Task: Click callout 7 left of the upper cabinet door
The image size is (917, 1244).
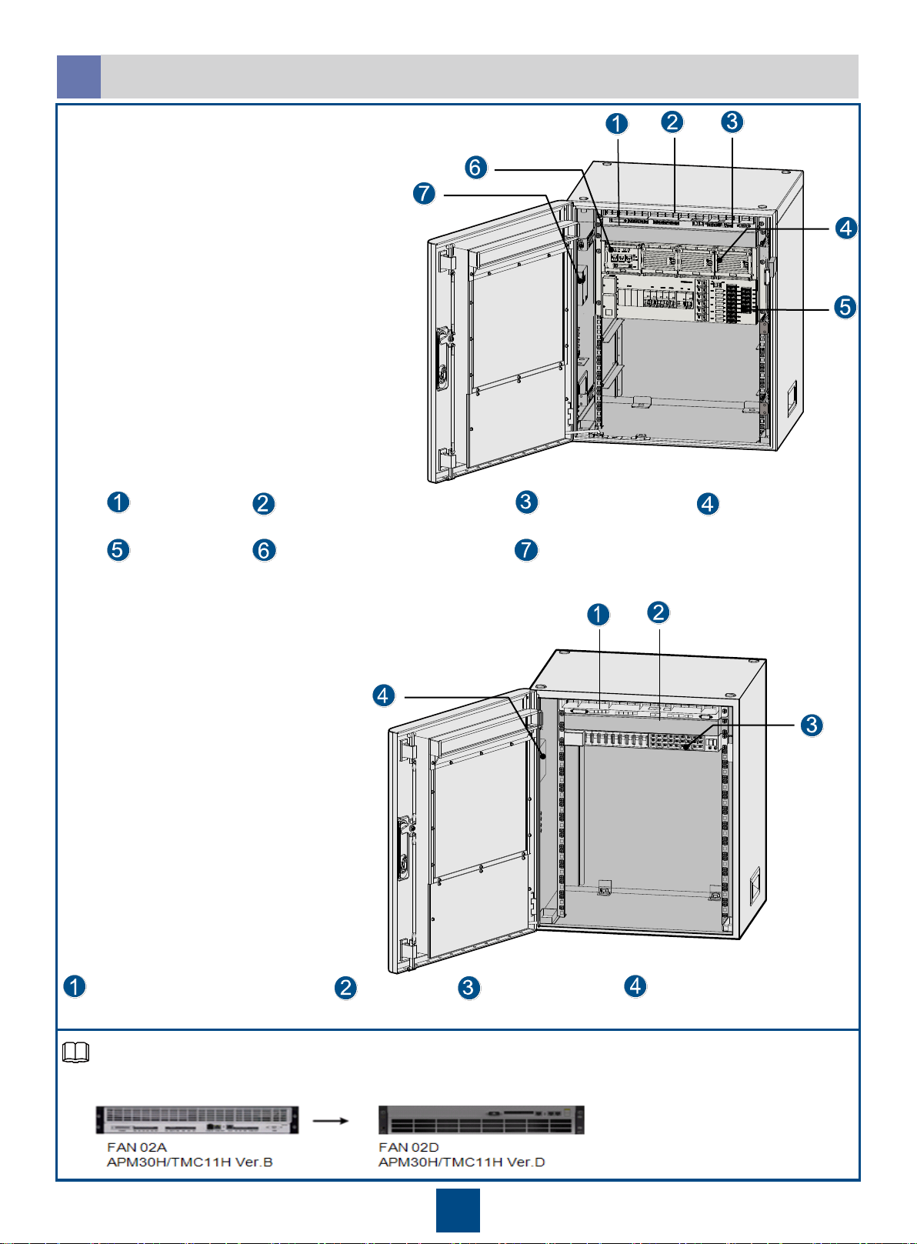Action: (x=425, y=193)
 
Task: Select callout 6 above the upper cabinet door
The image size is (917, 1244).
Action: (x=476, y=167)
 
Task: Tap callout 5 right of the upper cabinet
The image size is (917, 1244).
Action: (x=845, y=306)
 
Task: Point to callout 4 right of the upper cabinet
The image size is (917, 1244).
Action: (x=846, y=228)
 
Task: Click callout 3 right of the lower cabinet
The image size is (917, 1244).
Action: (x=812, y=725)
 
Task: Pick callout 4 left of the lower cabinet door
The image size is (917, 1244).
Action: (x=384, y=695)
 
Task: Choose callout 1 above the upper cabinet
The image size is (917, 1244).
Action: (x=616, y=123)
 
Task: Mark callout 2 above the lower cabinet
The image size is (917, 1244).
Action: (x=659, y=612)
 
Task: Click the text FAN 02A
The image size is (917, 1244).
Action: (x=137, y=1147)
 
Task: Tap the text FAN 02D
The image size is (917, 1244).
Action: (x=408, y=1147)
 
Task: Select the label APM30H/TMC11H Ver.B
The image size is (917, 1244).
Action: (x=189, y=1162)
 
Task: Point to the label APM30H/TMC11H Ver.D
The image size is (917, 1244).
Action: (x=462, y=1162)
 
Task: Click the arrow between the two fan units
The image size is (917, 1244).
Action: (x=331, y=1121)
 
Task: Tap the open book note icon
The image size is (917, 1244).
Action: (x=75, y=1052)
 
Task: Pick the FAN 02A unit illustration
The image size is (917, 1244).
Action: (x=197, y=1119)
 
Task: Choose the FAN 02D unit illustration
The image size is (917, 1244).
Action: (x=482, y=1119)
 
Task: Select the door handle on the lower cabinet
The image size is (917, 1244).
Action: (x=404, y=847)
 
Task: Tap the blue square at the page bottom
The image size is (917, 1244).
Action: (x=458, y=1210)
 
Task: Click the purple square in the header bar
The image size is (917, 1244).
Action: (x=79, y=77)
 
